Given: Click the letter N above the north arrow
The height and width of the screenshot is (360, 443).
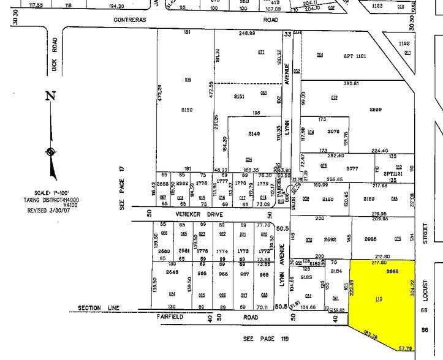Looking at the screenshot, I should [x=50, y=96].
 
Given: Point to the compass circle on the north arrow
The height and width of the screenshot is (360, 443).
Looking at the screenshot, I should [x=50, y=152].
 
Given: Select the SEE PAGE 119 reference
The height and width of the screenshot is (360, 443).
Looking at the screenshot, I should [x=265, y=338].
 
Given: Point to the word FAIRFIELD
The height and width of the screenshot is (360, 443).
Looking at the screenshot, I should [x=172, y=317].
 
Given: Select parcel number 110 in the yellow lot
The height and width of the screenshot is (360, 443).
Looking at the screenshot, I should [x=379, y=299].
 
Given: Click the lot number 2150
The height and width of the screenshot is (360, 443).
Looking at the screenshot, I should [x=187, y=110].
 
